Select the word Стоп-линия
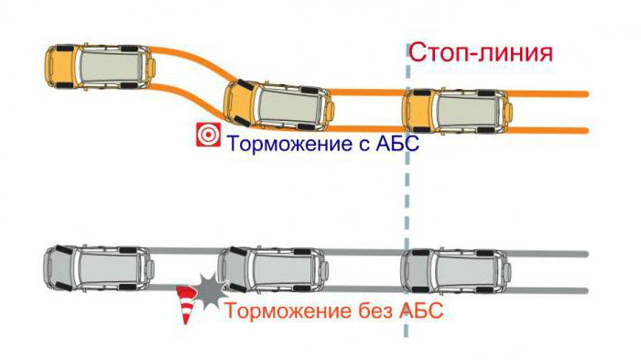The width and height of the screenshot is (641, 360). pos(481,51)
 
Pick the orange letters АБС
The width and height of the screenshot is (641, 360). pos(419,311)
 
